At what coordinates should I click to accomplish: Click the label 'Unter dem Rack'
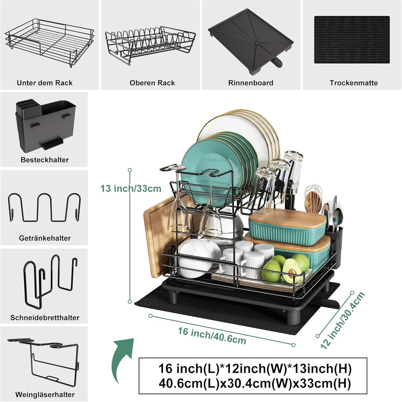click(x=45, y=83)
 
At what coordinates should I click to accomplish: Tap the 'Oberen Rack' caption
click(x=152, y=83)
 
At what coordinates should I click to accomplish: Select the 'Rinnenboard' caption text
click(x=251, y=83)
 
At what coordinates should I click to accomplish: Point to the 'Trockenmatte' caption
click(x=354, y=83)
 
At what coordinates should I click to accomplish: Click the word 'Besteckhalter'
click(x=45, y=160)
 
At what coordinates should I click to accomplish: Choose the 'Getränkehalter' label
click(x=45, y=238)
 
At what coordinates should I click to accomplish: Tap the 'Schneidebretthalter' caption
click(x=45, y=317)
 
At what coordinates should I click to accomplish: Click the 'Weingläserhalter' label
click(x=45, y=395)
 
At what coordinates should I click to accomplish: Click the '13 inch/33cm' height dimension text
click(x=131, y=188)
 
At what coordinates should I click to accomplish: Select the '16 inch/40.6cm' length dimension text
click(x=212, y=336)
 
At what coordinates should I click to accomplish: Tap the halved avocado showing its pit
click(x=292, y=271)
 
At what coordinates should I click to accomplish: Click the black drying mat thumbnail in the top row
click(x=352, y=40)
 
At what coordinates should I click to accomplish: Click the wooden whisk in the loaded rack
click(x=313, y=199)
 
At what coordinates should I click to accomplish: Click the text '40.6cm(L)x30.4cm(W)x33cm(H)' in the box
click(x=255, y=384)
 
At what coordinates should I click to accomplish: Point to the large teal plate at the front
click(x=211, y=167)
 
